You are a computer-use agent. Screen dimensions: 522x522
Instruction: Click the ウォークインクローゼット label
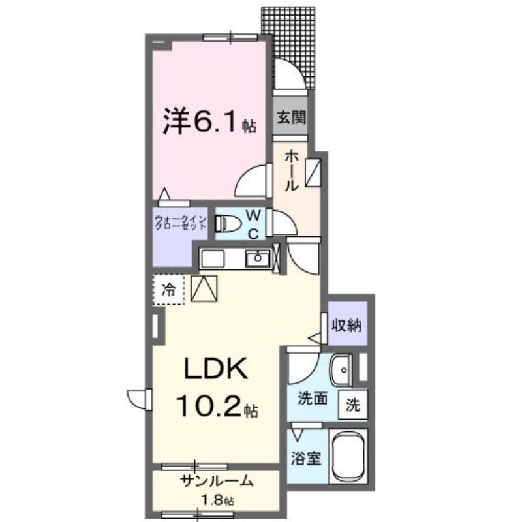181,222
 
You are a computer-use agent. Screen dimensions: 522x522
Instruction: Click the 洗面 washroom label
312,397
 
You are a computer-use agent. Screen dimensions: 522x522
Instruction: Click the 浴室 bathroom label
306,458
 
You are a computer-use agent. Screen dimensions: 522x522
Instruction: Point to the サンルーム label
217,482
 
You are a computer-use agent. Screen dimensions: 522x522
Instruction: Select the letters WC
254,223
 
